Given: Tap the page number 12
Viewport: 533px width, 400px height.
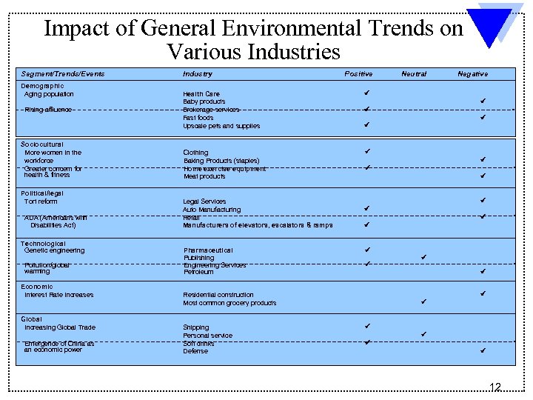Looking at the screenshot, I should [x=495, y=387].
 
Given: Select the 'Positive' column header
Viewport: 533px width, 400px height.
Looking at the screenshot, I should [x=358, y=74].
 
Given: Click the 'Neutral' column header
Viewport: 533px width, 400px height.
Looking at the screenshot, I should [x=414, y=74].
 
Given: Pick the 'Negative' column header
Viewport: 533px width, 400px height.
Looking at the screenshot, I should [x=472, y=74].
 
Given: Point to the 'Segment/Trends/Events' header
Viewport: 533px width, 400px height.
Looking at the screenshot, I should [x=62, y=74].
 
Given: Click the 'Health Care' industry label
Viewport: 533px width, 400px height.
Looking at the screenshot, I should [x=201, y=94].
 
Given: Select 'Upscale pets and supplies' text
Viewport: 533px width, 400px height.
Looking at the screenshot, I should [x=221, y=126].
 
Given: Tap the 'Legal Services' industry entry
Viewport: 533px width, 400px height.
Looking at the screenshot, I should [x=205, y=201].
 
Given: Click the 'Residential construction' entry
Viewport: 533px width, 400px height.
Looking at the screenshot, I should [x=218, y=295].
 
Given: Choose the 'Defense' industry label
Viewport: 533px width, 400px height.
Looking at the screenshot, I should [x=195, y=351].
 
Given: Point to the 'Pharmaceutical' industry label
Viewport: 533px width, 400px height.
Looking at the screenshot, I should [x=208, y=250].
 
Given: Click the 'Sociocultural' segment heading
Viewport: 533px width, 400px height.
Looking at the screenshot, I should [x=42, y=144].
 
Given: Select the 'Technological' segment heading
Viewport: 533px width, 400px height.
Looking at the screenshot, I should [x=43, y=244].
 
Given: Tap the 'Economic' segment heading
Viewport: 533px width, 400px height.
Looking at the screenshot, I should [x=37, y=287].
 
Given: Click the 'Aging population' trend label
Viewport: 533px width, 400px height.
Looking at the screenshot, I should [x=49, y=94].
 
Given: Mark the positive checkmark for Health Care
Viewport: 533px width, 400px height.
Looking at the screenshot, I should [x=366, y=93].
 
